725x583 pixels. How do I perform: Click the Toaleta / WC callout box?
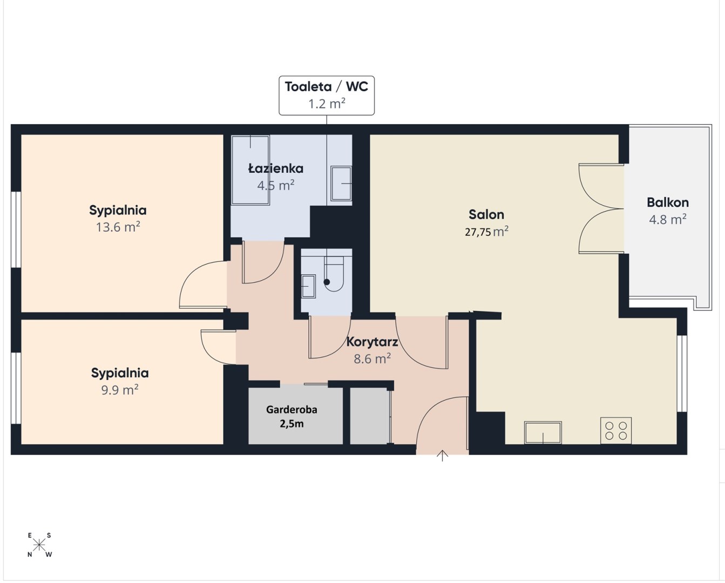coord(327,96)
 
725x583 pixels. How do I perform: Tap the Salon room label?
coord(486,215)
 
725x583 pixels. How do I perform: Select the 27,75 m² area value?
coord(486,232)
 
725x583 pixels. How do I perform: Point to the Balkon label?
coord(667,202)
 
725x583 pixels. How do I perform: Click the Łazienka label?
coord(275,168)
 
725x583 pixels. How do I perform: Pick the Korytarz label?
coord(372,342)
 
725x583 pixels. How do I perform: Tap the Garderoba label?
coord(292,409)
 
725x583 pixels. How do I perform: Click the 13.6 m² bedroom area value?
coord(118,227)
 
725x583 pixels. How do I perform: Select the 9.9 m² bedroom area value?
coord(120,390)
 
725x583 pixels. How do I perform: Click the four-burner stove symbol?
coord(616,431)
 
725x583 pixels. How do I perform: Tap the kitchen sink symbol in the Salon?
coord(543,433)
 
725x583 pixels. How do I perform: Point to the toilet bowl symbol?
coord(334,273)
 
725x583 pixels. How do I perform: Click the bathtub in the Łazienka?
coord(250,170)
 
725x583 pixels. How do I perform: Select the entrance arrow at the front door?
coord(442,456)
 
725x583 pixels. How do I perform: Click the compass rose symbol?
coord(39,545)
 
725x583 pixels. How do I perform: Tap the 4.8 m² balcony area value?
coord(668,219)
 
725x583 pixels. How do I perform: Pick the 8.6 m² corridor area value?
coord(372,359)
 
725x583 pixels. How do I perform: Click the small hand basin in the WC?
coord(308,286)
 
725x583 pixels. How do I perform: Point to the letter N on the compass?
coord(30,555)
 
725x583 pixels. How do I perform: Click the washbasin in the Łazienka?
coord(341,184)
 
